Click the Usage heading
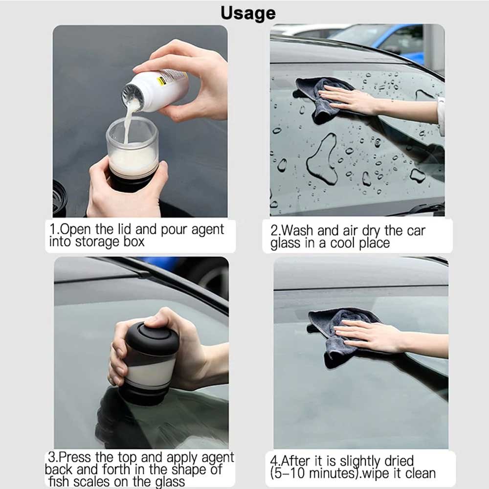248,13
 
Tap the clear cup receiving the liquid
132,147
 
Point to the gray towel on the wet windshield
320,98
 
